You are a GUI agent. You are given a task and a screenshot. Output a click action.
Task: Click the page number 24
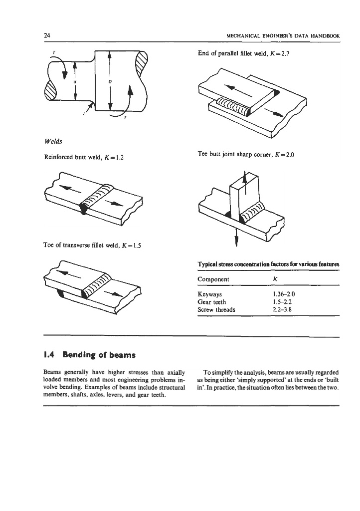tap(47, 36)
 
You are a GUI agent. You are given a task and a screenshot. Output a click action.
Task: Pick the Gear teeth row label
tap(212, 302)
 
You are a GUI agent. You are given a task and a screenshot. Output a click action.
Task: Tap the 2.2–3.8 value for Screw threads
tap(284, 310)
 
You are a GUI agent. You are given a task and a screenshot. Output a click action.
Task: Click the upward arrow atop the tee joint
tap(245, 180)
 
